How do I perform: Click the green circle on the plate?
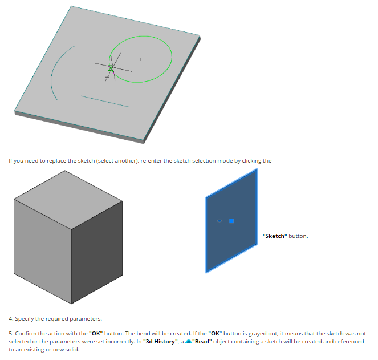click(172, 56)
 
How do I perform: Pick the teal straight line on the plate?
click(105, 102)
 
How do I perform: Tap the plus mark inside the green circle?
click(141, 59)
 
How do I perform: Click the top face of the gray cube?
click(68, 200)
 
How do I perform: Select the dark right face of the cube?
click(97, 252)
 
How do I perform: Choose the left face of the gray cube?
click(42, 251)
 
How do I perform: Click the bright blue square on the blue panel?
click(231, 221)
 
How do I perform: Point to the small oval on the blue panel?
click(220, 221)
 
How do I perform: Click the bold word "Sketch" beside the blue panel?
click(275, 236)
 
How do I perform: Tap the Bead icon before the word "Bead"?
click(189, 341)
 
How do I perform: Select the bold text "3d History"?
click(160, 342)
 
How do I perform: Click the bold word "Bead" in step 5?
click(202, 342)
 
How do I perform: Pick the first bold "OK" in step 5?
click(96, 333)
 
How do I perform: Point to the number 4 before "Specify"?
click(10, 319)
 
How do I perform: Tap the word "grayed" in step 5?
click(257, 334)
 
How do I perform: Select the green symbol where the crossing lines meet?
click(111, 68)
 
